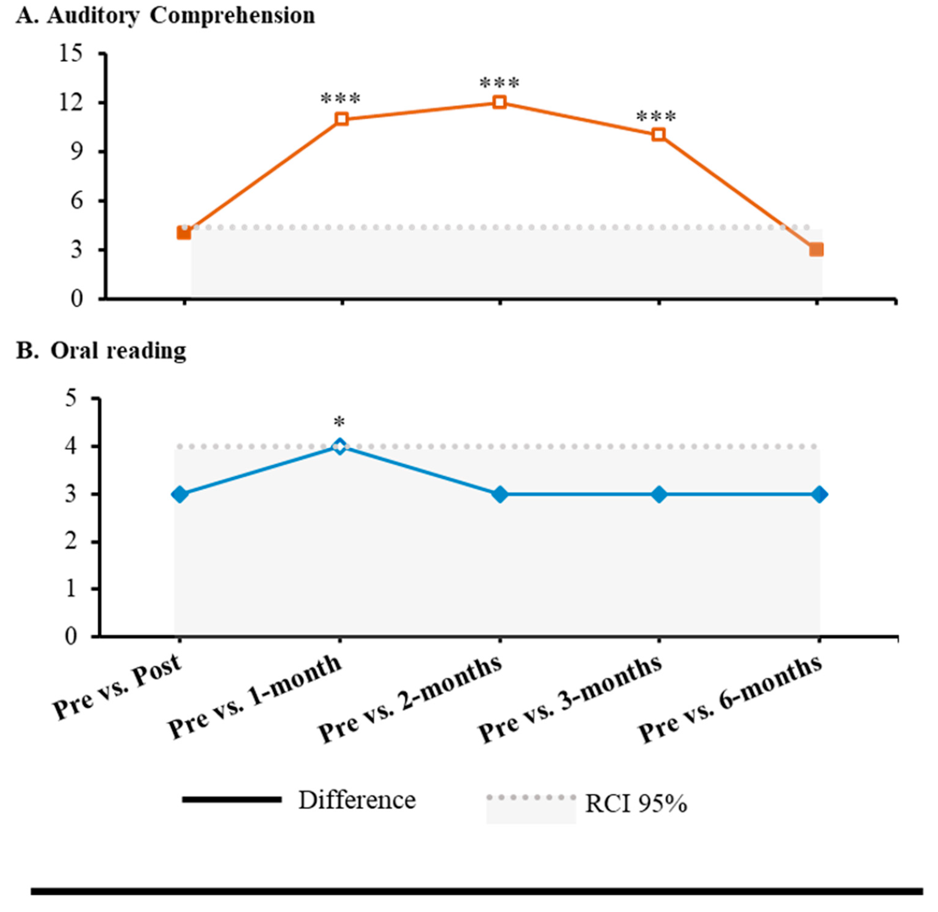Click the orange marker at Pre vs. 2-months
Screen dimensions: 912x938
(500, 102)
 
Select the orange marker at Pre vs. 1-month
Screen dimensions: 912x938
(341, 119)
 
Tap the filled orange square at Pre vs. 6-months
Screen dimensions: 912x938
(816, 250)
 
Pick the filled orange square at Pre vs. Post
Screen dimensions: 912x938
(184, 233)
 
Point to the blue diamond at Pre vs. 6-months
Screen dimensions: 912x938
(819, 494)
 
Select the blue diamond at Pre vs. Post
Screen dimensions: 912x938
(180, 494)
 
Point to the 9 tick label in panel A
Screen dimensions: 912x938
(77, 152)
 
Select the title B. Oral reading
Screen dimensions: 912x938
(102, 351)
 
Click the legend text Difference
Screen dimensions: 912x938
(357, 800)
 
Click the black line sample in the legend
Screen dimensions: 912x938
(232, 799)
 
